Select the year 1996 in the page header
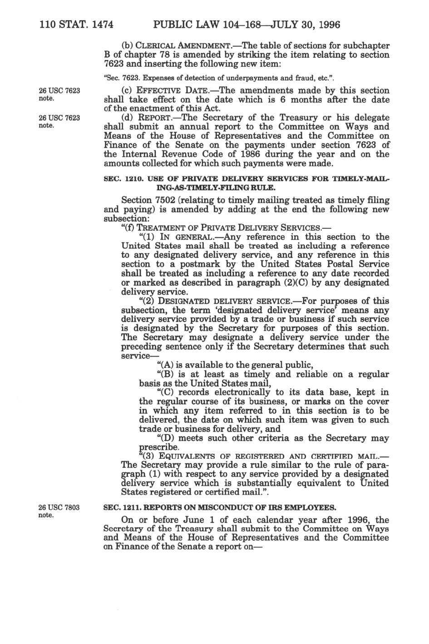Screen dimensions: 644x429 327,24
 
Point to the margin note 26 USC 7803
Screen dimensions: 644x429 59,507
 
